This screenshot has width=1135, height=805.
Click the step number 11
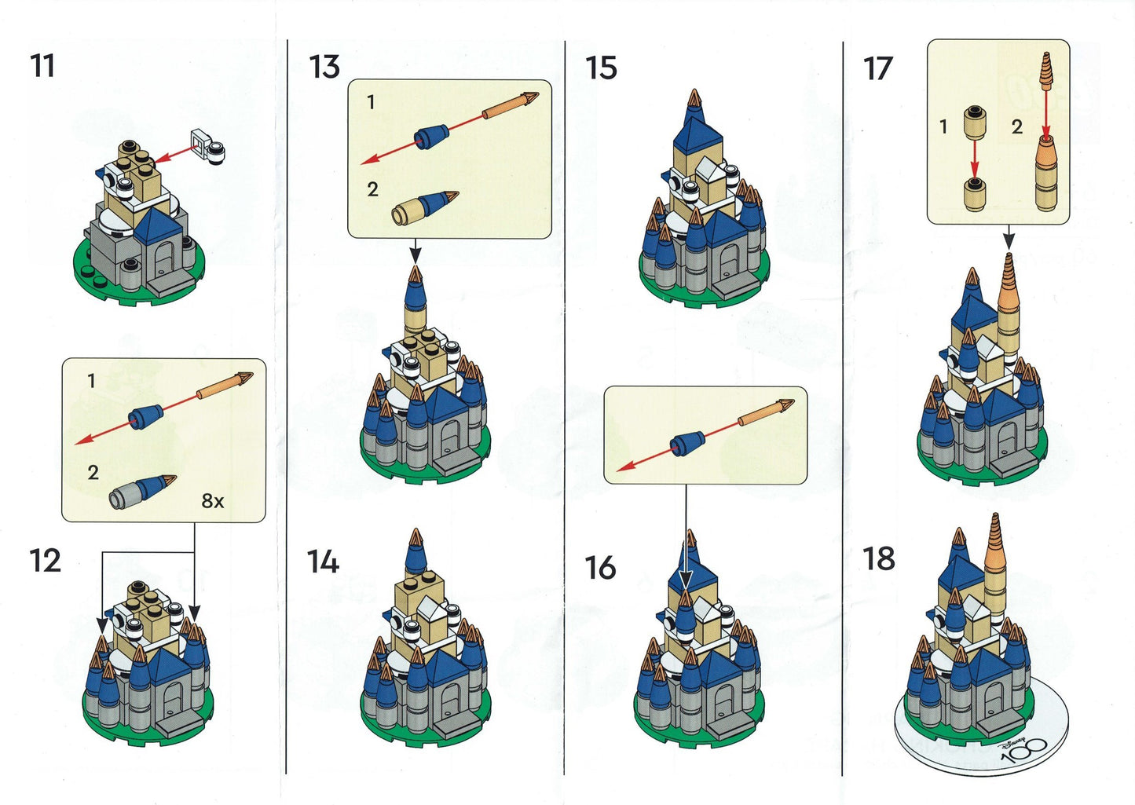(43, 66)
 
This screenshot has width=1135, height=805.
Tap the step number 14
(323, 562)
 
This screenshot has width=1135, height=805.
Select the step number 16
(601, 568)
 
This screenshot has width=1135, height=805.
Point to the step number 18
(879, 559)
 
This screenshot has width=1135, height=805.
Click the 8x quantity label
(213, 501)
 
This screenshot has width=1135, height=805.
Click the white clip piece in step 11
(207, 147)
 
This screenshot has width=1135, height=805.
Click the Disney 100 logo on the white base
(1019, 752)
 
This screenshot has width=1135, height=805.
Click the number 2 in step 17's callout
(1016, 126)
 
